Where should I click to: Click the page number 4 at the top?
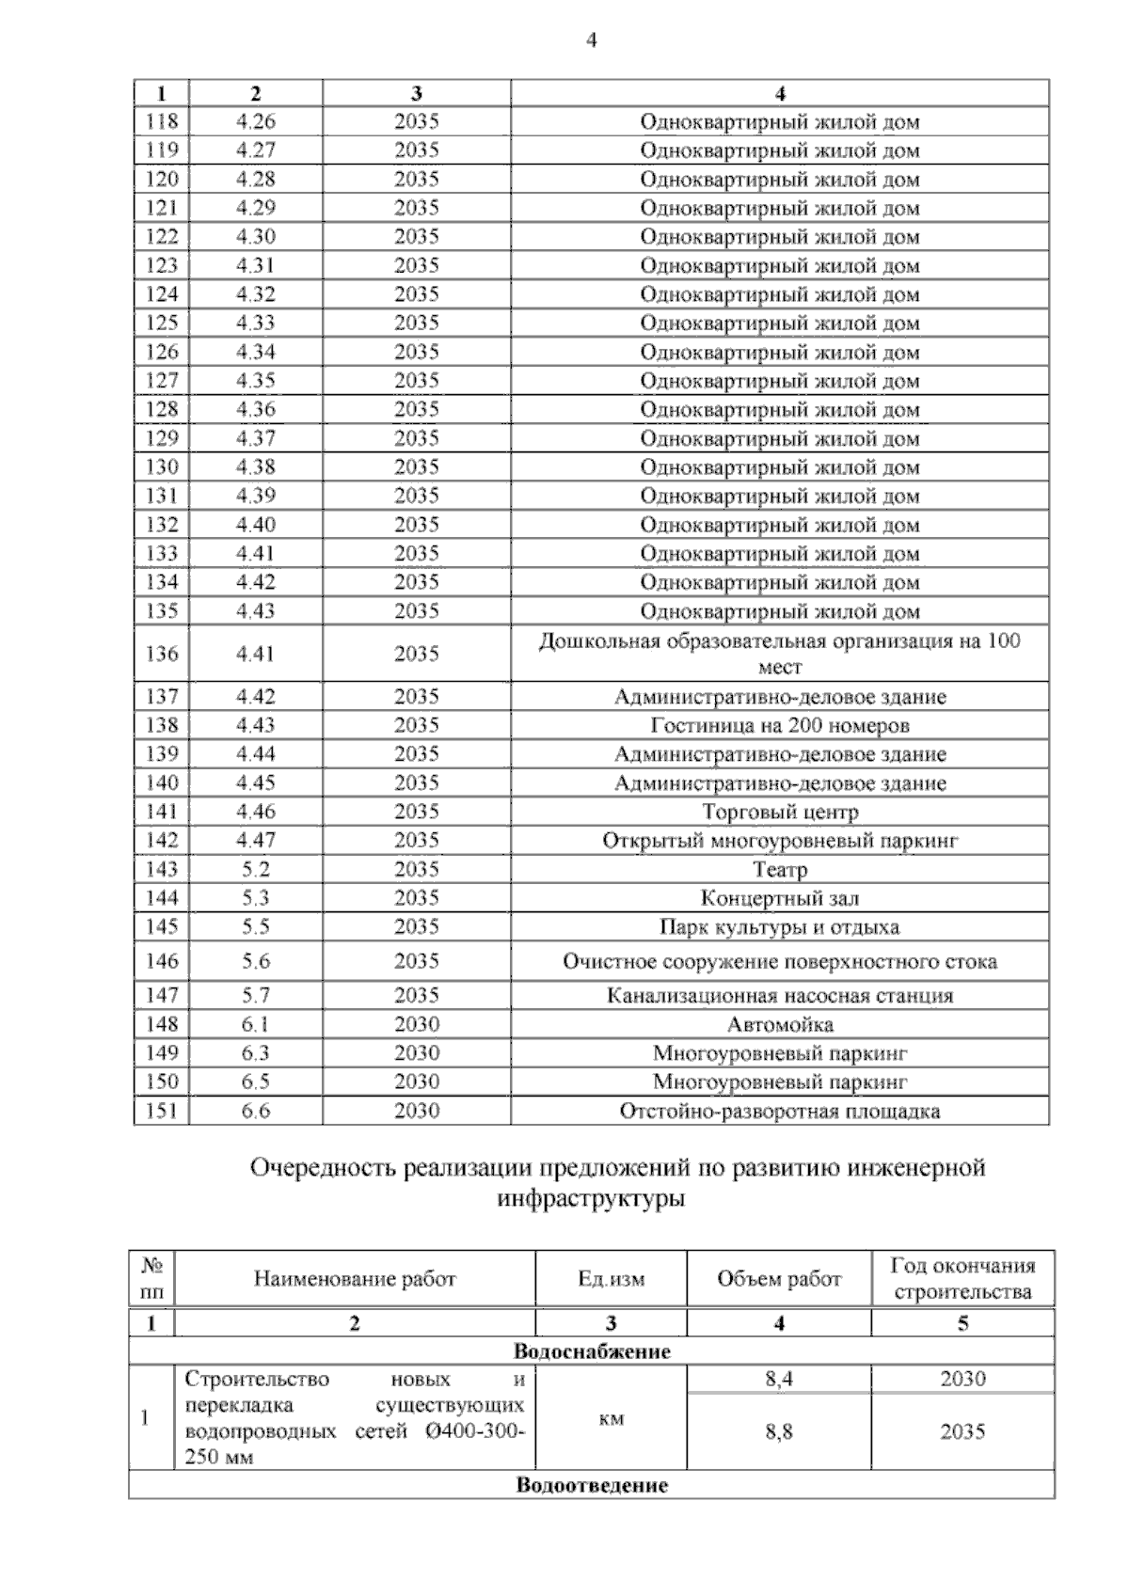point(591,40)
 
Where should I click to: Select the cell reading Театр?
point(779,870)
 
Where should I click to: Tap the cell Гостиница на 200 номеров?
point(779,726)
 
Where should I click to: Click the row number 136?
point(162,654)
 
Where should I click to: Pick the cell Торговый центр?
point(779,813)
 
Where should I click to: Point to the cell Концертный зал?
point(779,899)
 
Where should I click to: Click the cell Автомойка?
point(779,1024)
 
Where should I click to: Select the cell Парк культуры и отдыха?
point(779,927)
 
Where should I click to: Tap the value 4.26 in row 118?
point(256,121)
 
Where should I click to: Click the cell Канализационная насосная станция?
point(779,996)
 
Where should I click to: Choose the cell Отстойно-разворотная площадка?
point(779,1112)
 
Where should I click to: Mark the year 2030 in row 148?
point(417,1024)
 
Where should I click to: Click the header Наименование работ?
point(355,1279)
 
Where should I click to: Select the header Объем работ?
point(779,1279)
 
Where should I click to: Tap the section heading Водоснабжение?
point(592,1352)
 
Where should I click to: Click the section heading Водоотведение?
point(592,1486)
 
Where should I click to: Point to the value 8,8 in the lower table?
point(779,1432)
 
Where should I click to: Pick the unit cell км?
point(612,1419)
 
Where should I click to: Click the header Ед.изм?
point(612,1279)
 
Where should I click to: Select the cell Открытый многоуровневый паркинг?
point(779,841)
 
